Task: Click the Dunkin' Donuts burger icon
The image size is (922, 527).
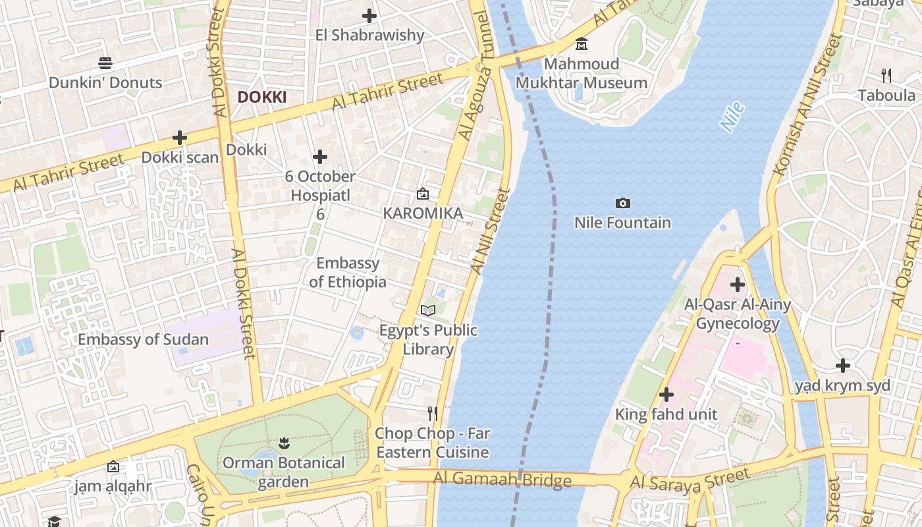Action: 105,63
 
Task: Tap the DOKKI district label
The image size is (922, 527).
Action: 261,97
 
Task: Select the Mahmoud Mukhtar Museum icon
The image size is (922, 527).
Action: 582,44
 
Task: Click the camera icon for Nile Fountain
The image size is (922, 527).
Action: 622,203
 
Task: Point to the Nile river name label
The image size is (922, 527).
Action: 732,117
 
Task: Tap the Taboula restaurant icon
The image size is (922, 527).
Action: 886,76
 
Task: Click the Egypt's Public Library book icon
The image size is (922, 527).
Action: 428,310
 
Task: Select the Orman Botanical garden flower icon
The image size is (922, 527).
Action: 284,442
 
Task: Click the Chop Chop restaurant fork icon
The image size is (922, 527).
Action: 433,414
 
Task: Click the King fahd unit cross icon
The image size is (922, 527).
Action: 666,395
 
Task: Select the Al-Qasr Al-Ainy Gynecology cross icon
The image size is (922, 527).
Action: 738,285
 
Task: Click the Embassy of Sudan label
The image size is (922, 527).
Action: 143,340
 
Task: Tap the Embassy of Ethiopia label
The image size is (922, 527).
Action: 348,272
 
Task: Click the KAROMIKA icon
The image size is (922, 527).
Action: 423,194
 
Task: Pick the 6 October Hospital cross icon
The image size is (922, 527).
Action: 320,157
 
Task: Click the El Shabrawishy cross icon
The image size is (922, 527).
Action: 369,15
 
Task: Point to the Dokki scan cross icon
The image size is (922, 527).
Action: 179,138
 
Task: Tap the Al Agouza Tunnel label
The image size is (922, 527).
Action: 475,76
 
